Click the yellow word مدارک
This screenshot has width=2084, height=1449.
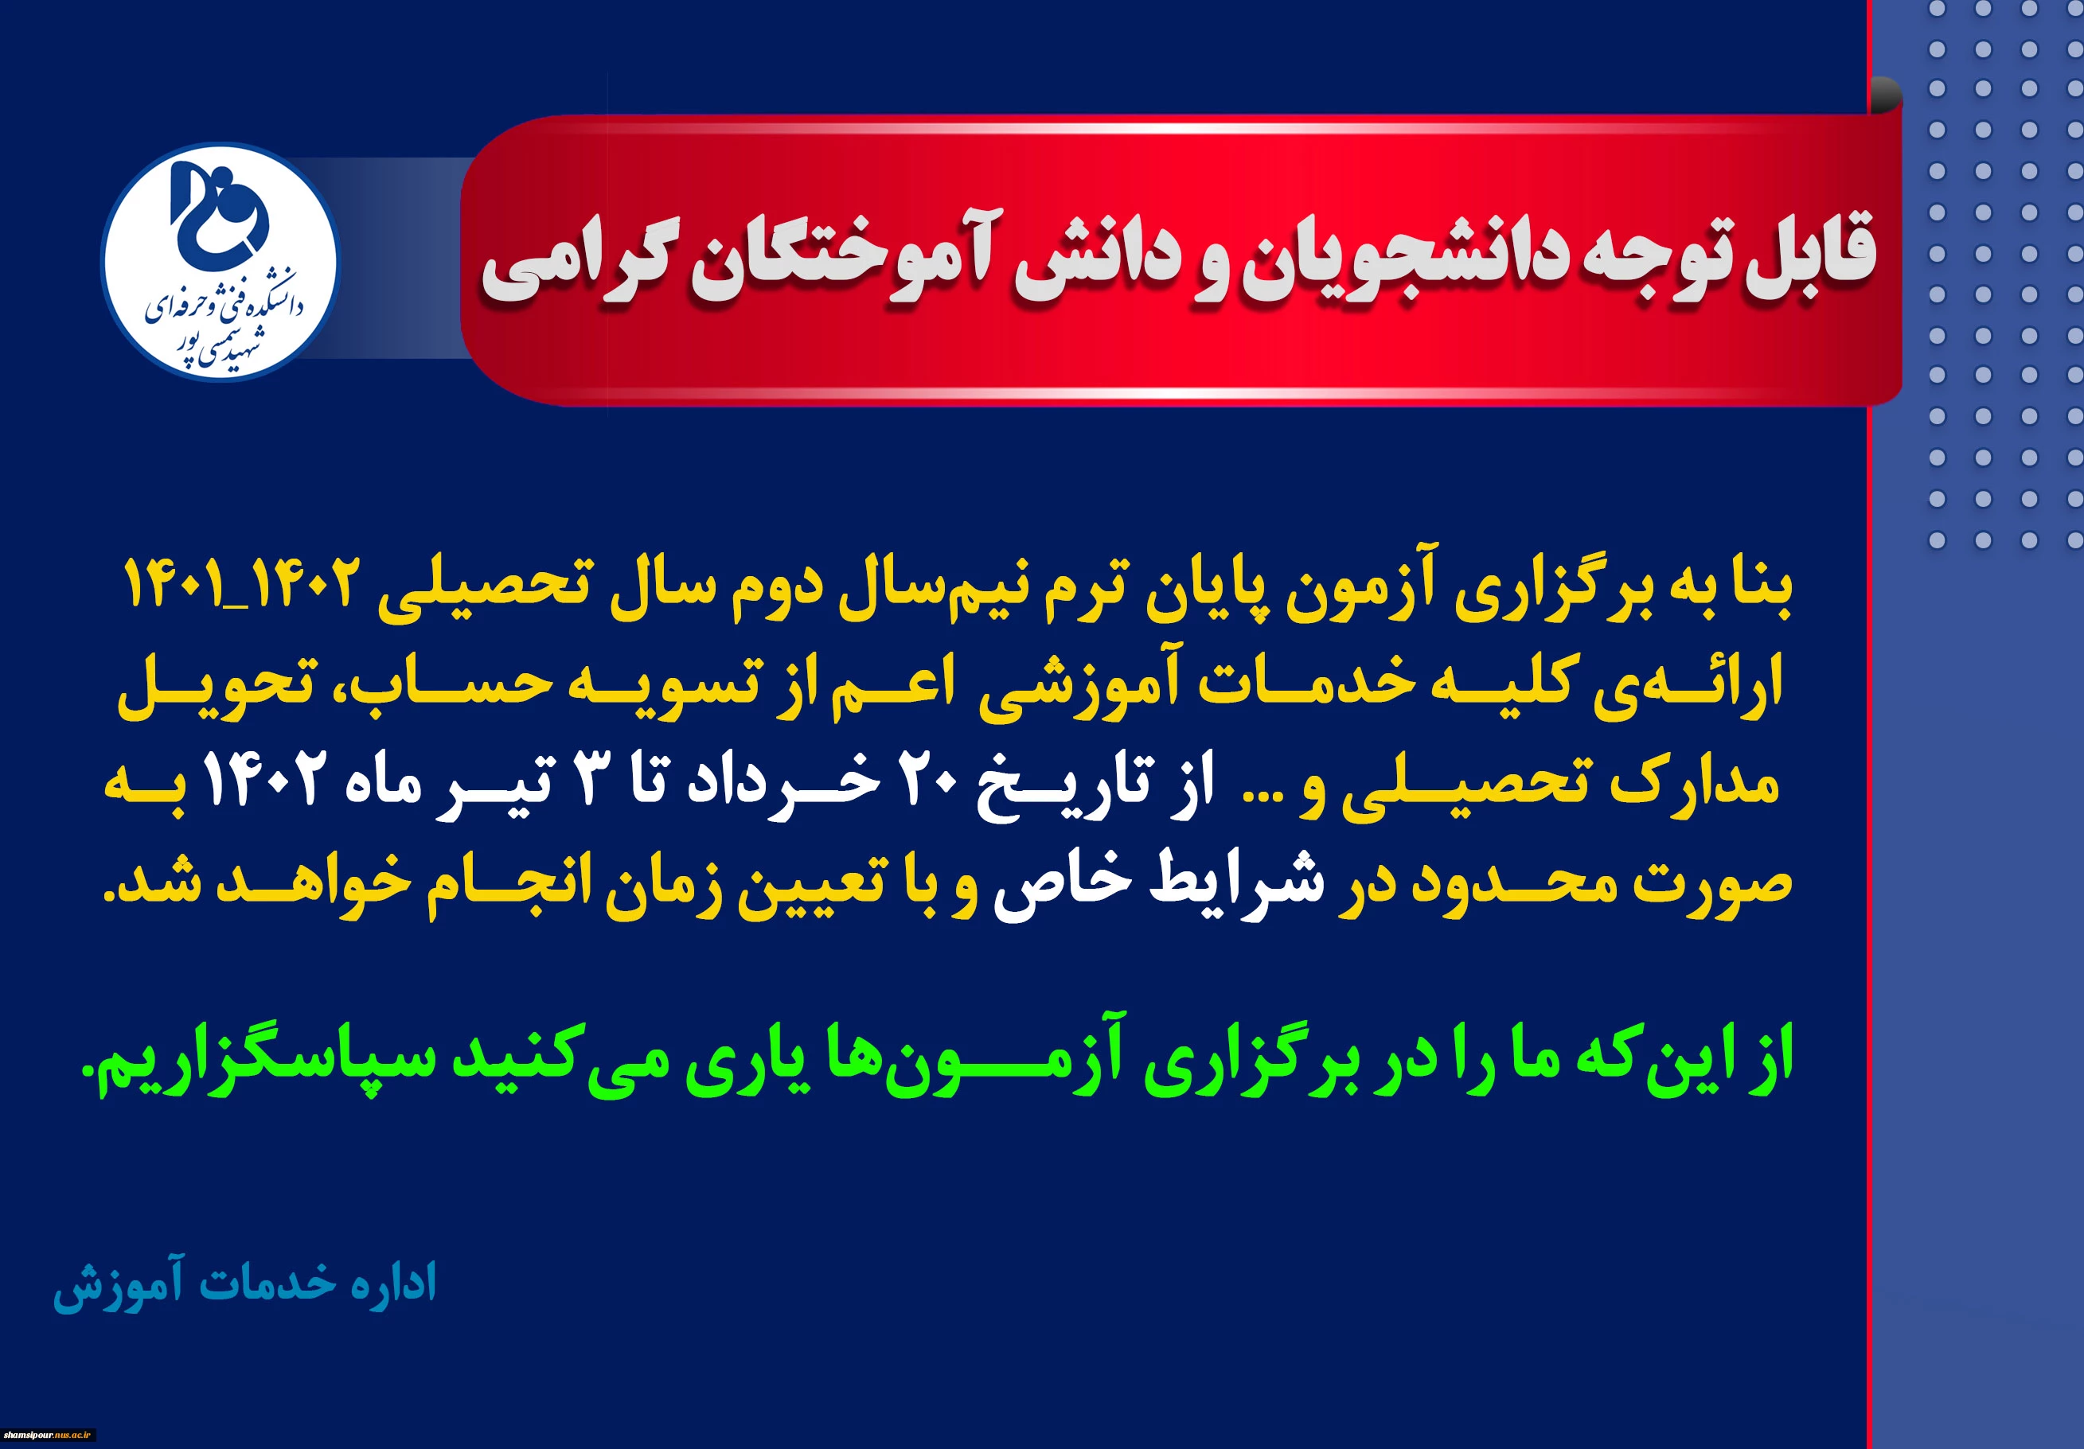1693,782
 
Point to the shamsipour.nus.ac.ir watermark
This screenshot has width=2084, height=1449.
47,1435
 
